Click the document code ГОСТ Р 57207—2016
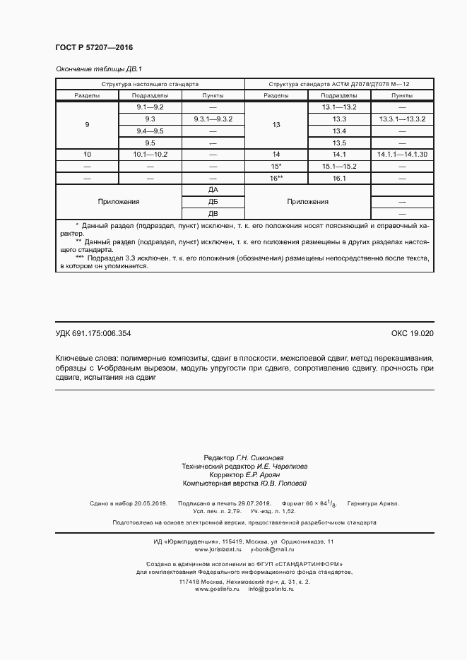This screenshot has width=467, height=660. [x=94, y=47]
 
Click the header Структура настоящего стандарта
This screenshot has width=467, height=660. [x=150, y=83]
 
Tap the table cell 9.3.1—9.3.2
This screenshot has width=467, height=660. [x=213, y=119]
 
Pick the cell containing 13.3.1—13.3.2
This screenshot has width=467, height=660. [x=402, y=119]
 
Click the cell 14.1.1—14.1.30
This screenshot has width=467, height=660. [x=402, y=154]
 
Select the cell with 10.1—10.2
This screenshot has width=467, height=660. [x=150, y=154]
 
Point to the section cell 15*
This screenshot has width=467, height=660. [x=276, y=166]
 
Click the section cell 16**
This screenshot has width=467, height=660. [x=276, y=179]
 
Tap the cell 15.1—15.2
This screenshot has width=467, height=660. [x=339, y=166]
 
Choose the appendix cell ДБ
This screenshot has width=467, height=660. [x=213, y=202]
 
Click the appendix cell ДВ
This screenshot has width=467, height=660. [x=213, y=213]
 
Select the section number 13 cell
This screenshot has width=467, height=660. [x=276, y=125]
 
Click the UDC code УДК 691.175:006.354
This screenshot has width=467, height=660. [x=93, y=333]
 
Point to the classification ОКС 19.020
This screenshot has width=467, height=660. [x=412, y=333]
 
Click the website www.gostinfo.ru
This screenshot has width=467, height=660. [x=218, y=589]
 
